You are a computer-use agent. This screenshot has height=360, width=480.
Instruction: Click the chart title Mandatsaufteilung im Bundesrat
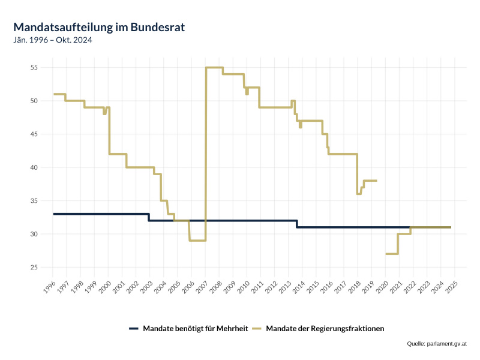[x=99, y=27]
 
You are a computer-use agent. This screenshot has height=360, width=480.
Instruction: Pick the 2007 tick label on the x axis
[x=200, y=287]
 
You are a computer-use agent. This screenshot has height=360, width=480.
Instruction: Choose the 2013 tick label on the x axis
[x=283, y=287]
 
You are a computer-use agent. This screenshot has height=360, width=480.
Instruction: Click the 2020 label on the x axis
[x=380, y=287]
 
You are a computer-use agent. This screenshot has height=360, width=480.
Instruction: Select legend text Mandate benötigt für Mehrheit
[x=196, y=328]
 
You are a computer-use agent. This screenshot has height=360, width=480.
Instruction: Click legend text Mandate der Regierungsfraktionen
[x=325, y=328]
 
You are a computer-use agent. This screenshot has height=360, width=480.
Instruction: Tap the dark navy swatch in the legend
[x=133, y=328]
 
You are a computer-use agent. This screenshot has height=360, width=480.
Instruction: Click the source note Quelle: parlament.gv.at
[x=436, y=343]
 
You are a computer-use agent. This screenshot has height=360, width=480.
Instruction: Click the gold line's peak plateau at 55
[x=214, y=67]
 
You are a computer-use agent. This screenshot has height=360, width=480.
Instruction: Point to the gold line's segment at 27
[x=392, y=254]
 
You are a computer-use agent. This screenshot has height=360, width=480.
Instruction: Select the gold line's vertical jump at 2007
[x=206, y=150]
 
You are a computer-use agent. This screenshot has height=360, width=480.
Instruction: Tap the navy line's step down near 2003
[x=149, y=217]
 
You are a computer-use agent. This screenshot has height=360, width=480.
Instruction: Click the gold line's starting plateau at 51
[x=59, y=94]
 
